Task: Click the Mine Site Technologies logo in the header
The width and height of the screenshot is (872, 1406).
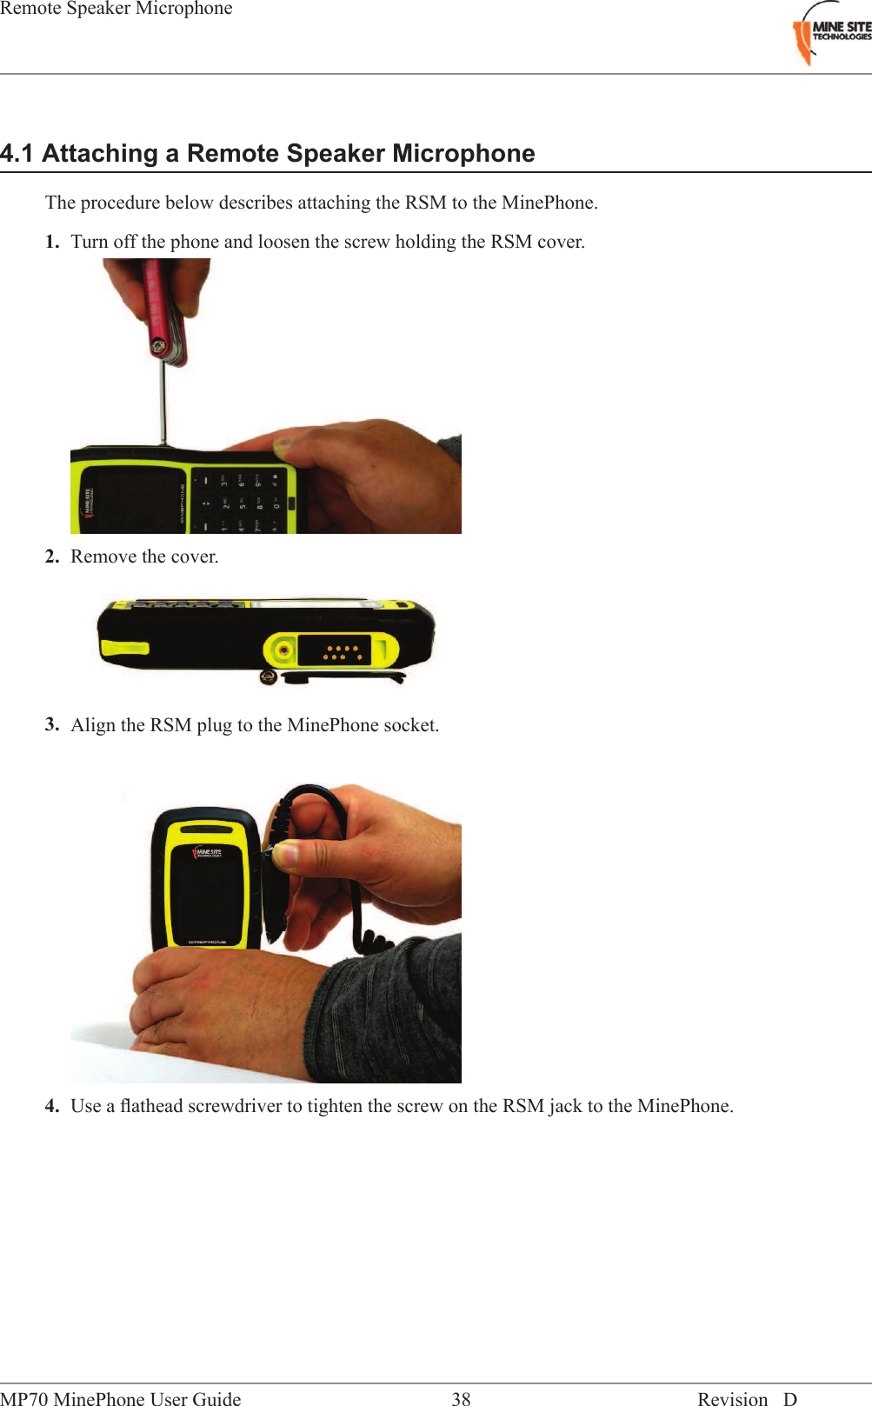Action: coord(830,33)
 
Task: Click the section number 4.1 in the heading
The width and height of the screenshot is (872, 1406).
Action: coord(17,154)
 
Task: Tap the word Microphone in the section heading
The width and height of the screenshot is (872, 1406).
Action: coord(463,154)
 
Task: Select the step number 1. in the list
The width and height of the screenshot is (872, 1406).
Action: coord(52,242)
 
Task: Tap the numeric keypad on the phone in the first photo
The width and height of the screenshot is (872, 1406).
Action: coord(239,502)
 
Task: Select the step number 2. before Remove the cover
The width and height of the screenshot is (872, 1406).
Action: coord(52,556)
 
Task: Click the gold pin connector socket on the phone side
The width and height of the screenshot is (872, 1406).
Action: coord(342,651)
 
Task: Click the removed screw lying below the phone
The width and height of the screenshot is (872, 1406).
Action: coord(269,677)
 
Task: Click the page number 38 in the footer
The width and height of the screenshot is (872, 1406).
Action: coord(461,1398)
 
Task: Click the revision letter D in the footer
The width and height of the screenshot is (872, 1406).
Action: coord(789,1398)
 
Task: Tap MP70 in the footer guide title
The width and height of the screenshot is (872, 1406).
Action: coord(24,1398)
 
